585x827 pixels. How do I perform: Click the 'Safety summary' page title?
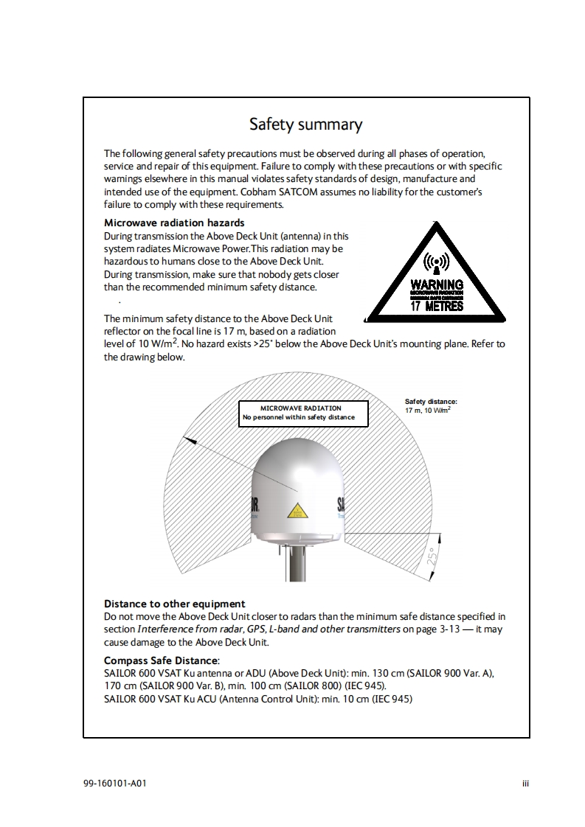305,124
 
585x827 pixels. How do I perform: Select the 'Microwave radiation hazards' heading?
174,223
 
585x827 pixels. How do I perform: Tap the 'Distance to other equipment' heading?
174,604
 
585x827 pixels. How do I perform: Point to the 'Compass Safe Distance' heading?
161,660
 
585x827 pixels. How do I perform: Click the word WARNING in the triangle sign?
437,285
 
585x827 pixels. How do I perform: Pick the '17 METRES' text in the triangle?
437,307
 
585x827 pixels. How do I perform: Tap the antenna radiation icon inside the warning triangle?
437,264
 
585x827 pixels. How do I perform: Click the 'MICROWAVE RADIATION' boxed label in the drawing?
301,408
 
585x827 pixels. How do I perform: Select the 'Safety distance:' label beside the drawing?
431,401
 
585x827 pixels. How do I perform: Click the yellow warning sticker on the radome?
297,510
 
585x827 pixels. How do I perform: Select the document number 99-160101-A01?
114,783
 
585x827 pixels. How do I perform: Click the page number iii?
525,783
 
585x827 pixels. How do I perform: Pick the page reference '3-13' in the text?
447,629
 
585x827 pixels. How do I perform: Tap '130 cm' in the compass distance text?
388,674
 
